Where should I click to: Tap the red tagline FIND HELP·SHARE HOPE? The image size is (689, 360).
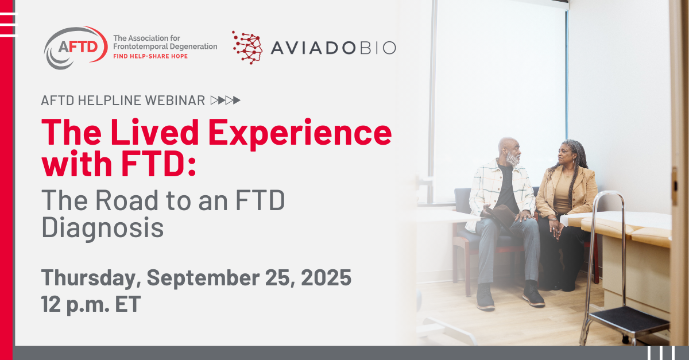pyautogui.click(x=150, y=56)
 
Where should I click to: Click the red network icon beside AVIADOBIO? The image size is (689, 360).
pyautogui.click(x=247, y=48)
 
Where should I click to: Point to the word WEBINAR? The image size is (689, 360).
pyautogui.click(x=175, y=100)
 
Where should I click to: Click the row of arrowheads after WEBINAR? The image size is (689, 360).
pyautogui.click(x=226, y=100)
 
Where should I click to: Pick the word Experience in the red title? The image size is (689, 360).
pyautogui.click(x=300, y=133)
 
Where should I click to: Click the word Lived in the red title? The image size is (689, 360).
pyautogui.click(x=154, y=131)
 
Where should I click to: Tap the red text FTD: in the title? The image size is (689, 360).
pyautogui.click(x=158, y=164)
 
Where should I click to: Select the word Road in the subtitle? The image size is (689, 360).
pyautogui.click(x=127, y=200)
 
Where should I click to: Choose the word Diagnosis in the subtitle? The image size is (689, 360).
pyautogui.click(x=102, y=228)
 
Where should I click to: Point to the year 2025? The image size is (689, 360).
pyautogui.click(x=326, y=277)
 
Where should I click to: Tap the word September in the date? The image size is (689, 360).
pyautogui.click(x=203, y=278)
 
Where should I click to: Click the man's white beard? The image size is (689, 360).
pyautogui.click(x=513, y=159)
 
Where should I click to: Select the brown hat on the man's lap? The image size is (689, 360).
pyautogui.click(x=500, y=215)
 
